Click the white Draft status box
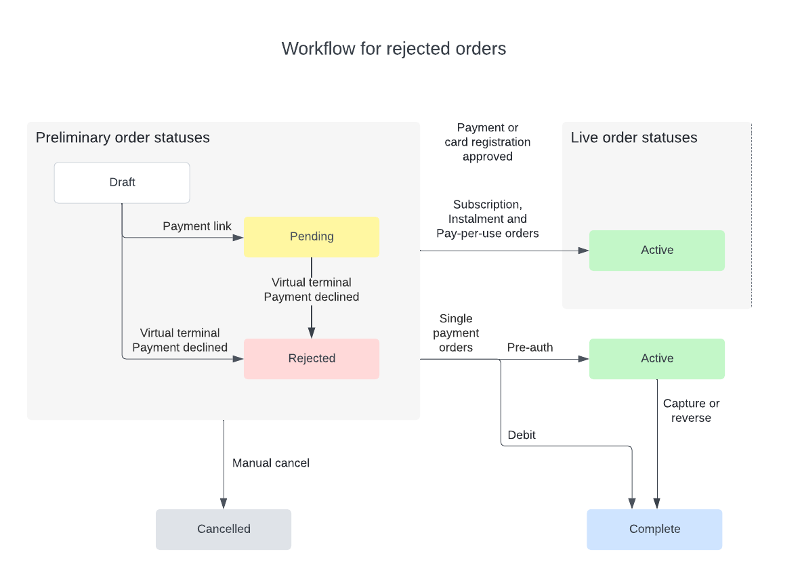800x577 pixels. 122,182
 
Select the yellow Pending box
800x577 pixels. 312,236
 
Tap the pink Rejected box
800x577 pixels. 312,358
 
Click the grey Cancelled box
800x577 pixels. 224,529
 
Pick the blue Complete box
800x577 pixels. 654,529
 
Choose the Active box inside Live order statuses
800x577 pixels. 656,250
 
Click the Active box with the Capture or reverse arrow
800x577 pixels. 656,358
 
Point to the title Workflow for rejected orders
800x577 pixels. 394,49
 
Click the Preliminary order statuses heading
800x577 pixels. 123,137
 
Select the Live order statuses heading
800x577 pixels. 633,137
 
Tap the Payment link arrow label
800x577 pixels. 197,226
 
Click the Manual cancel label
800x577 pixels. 271,463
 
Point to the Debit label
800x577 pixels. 522,435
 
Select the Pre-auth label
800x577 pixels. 530,347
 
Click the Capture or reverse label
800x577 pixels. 691,410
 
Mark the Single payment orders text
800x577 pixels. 456,333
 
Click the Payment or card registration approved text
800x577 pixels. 487,142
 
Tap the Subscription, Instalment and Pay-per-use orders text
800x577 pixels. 487,218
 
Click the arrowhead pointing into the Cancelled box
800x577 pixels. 224,504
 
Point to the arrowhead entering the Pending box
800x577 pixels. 238,237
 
